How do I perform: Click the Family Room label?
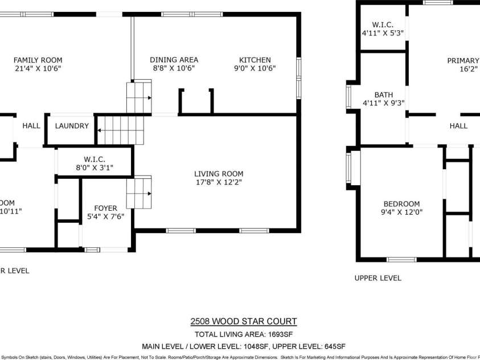tap(38, 60)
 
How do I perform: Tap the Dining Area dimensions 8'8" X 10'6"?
tap(174, 68)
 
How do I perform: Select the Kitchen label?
tap(255, 60)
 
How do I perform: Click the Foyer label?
tap(105, 208)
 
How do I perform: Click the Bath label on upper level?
tap(383, 95)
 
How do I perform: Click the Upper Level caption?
tap(378, 278)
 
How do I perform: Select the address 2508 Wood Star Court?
tap(243, 322)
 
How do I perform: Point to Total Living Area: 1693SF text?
tap(243, 334)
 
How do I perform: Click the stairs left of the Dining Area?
tap(139, 98)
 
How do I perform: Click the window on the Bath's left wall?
tap(349, 96)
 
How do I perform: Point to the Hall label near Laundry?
tap(31, 126)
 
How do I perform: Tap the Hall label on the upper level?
tap(458, 126)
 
